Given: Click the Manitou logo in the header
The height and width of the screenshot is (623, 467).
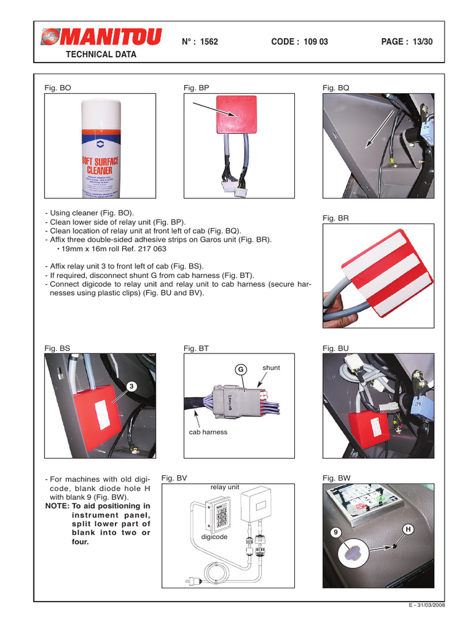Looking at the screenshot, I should (x=101, y=38).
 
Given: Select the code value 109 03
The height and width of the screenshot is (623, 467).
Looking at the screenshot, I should (x=315, y=41).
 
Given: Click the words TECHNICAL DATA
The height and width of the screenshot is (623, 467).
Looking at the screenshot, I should (x=101, y=54).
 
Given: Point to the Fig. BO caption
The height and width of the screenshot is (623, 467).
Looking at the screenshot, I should (x=58, y=88).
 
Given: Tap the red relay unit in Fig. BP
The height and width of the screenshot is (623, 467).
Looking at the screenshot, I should (x=237, y=113).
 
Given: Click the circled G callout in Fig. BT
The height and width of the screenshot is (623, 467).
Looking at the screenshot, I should (x=241, y=370).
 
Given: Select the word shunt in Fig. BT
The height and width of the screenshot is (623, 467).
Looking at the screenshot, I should (x=271, y=367).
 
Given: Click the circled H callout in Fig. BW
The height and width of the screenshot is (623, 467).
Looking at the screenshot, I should (x=407, y=531).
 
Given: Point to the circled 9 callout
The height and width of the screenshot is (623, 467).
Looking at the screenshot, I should (x=334, y=532).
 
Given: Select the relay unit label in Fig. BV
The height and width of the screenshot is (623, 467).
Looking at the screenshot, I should (x=224, y=487).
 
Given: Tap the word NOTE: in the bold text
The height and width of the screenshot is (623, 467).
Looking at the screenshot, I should (x=57, y=506).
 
